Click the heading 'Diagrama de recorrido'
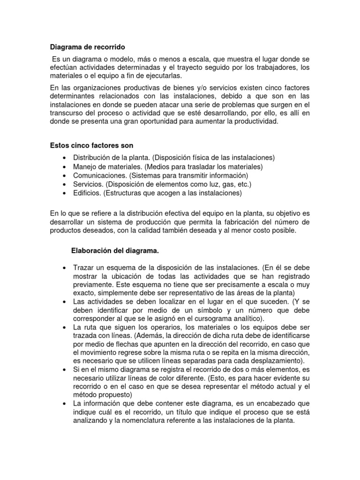tap(88, 47)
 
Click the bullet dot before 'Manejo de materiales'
tap(63, 167)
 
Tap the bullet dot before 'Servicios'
tap(63, 184)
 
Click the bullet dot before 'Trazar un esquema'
tap(63, 267)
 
